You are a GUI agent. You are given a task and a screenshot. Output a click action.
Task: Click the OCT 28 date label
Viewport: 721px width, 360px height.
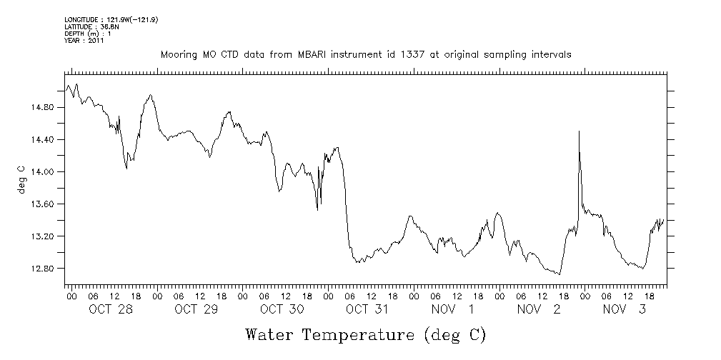(x=110, y=309)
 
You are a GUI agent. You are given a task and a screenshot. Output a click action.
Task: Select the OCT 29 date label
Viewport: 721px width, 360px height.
(x=196, y=309)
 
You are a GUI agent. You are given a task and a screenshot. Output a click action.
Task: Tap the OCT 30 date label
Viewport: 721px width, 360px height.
(x=282, y=309)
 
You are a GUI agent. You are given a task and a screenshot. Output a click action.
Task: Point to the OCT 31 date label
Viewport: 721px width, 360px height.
(x=367, y=309)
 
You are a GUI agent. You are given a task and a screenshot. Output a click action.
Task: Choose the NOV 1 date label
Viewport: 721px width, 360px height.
(x=453, y=309)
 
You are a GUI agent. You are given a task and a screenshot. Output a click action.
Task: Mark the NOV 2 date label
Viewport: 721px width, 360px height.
(x=539, y=309)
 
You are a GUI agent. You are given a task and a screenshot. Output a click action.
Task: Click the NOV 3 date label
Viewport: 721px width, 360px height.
(x=625, y=309)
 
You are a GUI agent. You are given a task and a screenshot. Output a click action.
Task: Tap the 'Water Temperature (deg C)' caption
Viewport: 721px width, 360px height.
(x=365, y=335)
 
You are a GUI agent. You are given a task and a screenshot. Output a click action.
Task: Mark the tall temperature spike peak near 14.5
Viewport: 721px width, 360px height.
(x=579, y=131)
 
